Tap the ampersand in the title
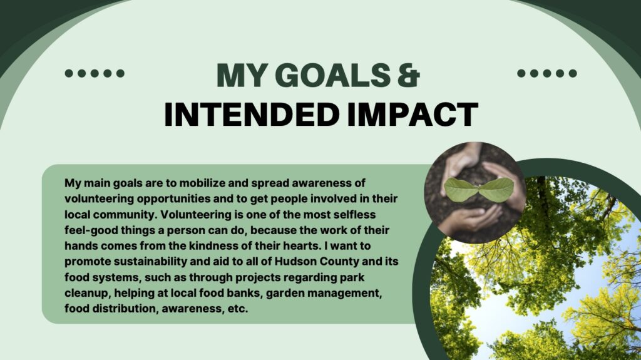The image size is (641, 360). pos(408,75)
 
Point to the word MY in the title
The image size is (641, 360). pos(243,75)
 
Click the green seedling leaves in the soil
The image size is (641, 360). pos(479,190)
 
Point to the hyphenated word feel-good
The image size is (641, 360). pos(91,230)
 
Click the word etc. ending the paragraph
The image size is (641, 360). pos(238,309)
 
